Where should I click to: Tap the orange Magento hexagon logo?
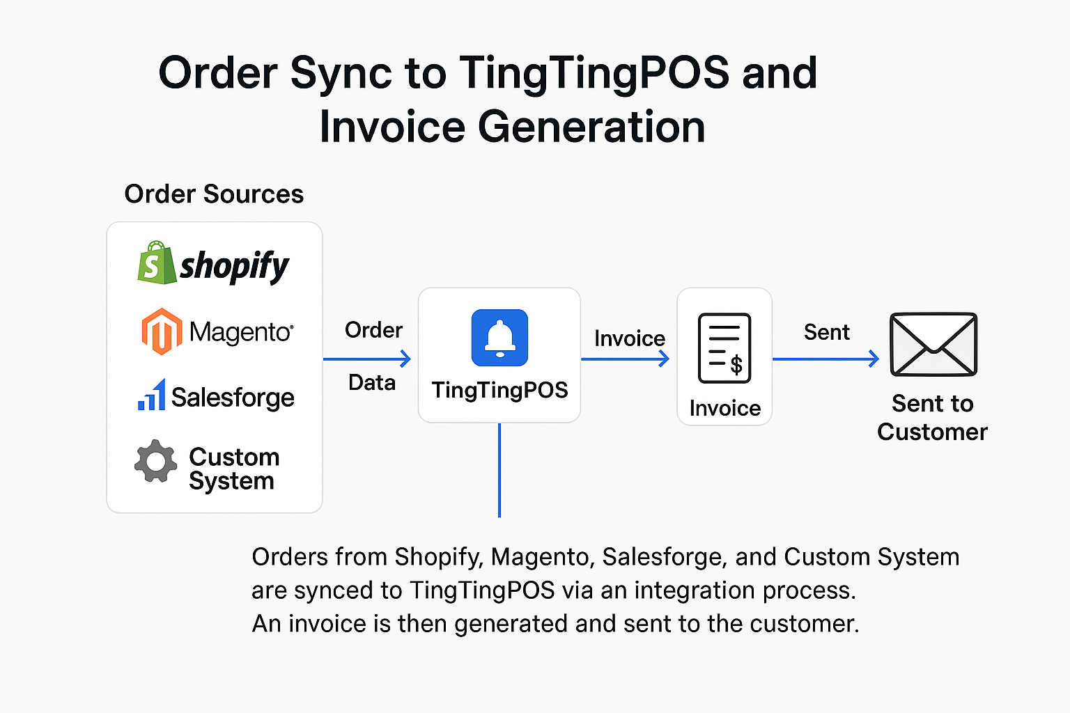[x=162, y=331]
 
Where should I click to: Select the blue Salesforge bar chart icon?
[x=152, y=395]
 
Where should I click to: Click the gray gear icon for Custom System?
[x=155, y=461]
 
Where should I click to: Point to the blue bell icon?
[x=499, y=338]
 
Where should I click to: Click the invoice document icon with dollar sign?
[x=724, y=348]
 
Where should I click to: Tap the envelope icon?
[x=933, y=345]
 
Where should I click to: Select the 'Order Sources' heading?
[x=214, y=194]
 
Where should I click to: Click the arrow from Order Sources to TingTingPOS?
[x=367, y=359]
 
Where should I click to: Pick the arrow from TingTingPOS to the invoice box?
[x=625, y=359]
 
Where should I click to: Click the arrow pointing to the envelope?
[x=826, y=359]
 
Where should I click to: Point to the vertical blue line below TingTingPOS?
[x=499, y=471]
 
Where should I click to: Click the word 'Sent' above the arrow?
[x=827, y=332]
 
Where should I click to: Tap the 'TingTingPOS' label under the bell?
[x=499, y=390]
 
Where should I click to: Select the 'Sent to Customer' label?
[x=933, y=418]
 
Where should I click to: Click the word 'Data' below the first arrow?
[x=372, y=382]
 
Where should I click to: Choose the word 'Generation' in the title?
[x=591, y=127]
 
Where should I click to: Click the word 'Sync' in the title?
[x=341, y=74]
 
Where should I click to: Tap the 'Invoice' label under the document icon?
[x=725, y=408]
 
